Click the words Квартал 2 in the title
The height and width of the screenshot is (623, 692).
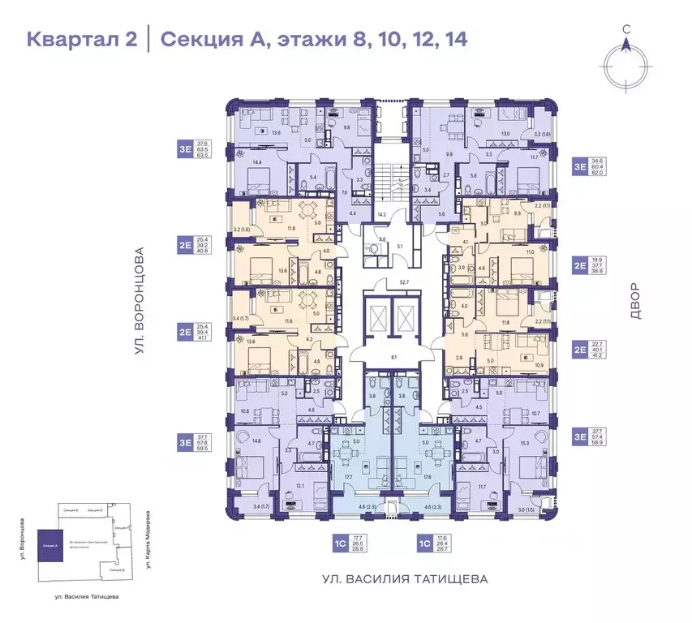click(x=81, y=38)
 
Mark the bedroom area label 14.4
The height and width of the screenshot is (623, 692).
click(x=259, y=163)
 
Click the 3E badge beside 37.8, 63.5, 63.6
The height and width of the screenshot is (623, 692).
click(x=186, y=148)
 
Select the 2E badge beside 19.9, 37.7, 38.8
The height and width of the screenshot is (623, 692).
click(x=580, y=264)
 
